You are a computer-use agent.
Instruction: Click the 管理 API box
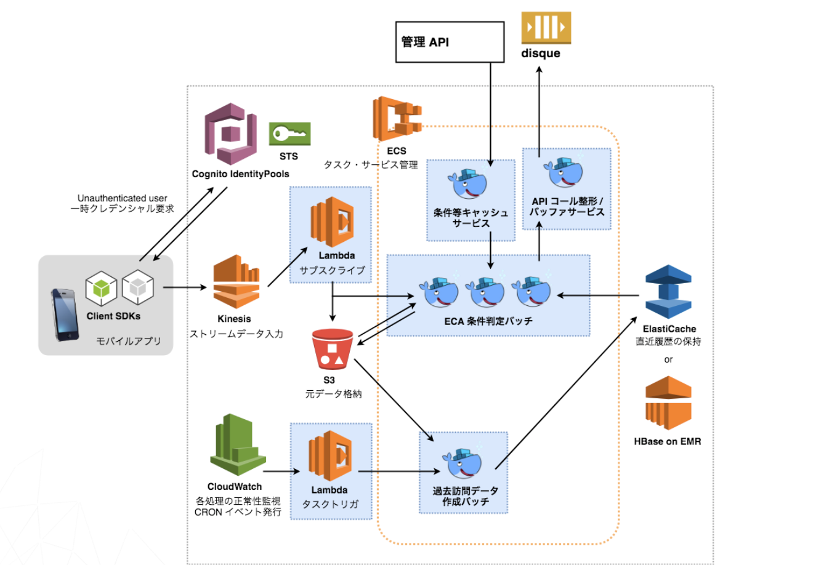tap(450, 42)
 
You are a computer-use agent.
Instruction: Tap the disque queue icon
tap(546, 28)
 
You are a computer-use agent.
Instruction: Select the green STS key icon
tap(289, 134)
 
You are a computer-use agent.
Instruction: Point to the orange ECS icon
tap(397, 119)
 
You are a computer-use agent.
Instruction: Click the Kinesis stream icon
tap(236, 285)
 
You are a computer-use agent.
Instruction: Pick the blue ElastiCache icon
tap(668, 292)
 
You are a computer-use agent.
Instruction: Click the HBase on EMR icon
tap(668, 404)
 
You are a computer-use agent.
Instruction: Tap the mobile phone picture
tap(65, 315)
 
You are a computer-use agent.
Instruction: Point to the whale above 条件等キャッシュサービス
tap(467, 183)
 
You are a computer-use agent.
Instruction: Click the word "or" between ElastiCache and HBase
tap(668, 359)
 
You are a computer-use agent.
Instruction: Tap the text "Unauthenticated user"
tap(122, 198)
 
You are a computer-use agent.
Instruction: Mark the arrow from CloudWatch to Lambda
tap(281, 472)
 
